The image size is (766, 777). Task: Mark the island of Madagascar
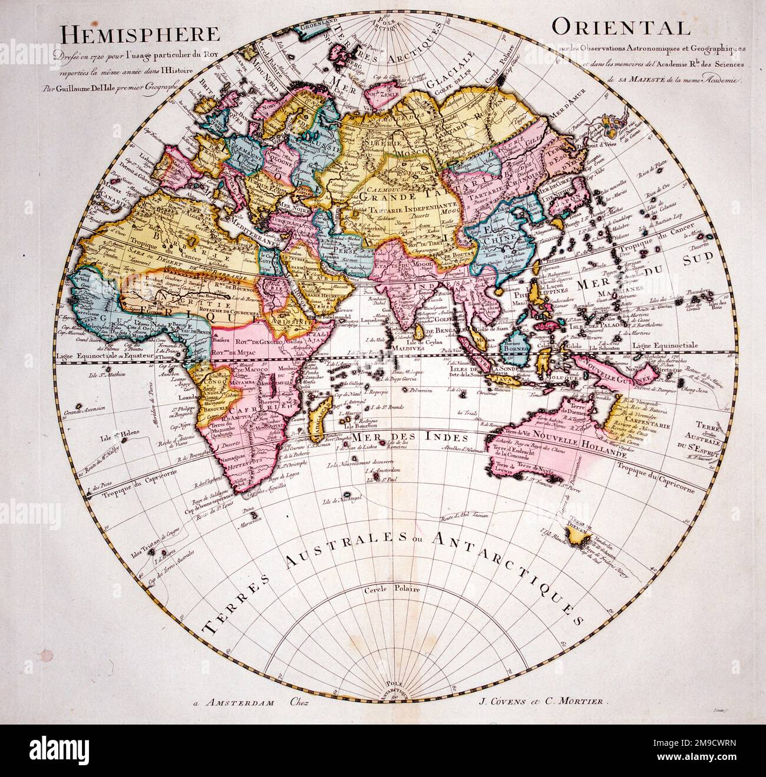[323, 415]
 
